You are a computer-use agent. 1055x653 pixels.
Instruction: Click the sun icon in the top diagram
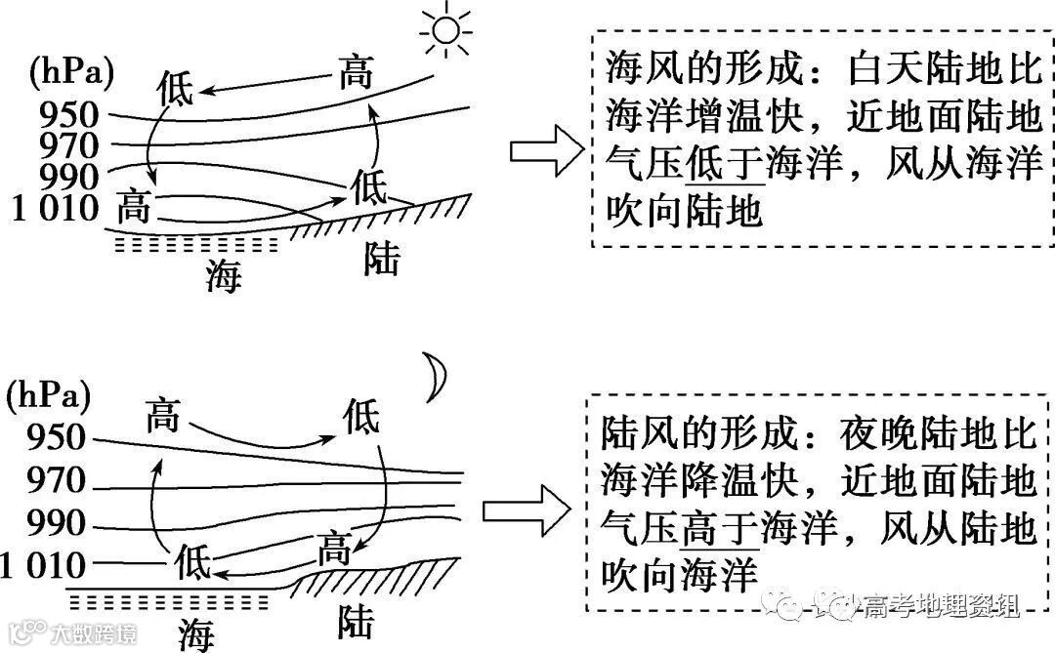[445, 30]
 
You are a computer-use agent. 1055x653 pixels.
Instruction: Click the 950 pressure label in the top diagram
[69, 116]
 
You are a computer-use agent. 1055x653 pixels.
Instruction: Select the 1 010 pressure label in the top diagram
[56, 207]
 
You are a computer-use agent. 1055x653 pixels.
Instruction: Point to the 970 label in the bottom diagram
[57, 482]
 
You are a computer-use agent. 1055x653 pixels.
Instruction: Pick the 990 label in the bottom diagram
[57, 524]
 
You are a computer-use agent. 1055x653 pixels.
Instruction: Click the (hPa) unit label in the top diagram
[71, 71]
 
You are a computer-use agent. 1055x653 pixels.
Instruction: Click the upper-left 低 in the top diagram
[176, 89]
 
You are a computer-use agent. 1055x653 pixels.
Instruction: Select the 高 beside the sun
[356, 73]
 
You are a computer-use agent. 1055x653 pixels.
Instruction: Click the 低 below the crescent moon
[361, 418]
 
